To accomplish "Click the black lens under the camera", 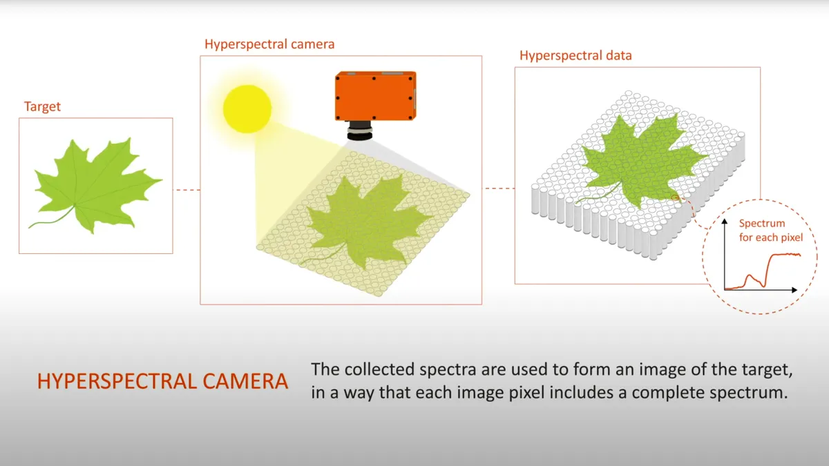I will (359, 131).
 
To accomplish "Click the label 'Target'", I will (42, 106).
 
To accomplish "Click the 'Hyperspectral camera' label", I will (269, 44).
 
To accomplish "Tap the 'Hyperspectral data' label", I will (575, 55).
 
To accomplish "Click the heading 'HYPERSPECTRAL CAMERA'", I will (162, 382).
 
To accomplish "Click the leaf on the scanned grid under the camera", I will (366, 221).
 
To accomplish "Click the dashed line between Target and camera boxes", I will (187, 189).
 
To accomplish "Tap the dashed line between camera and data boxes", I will (498, 188).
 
